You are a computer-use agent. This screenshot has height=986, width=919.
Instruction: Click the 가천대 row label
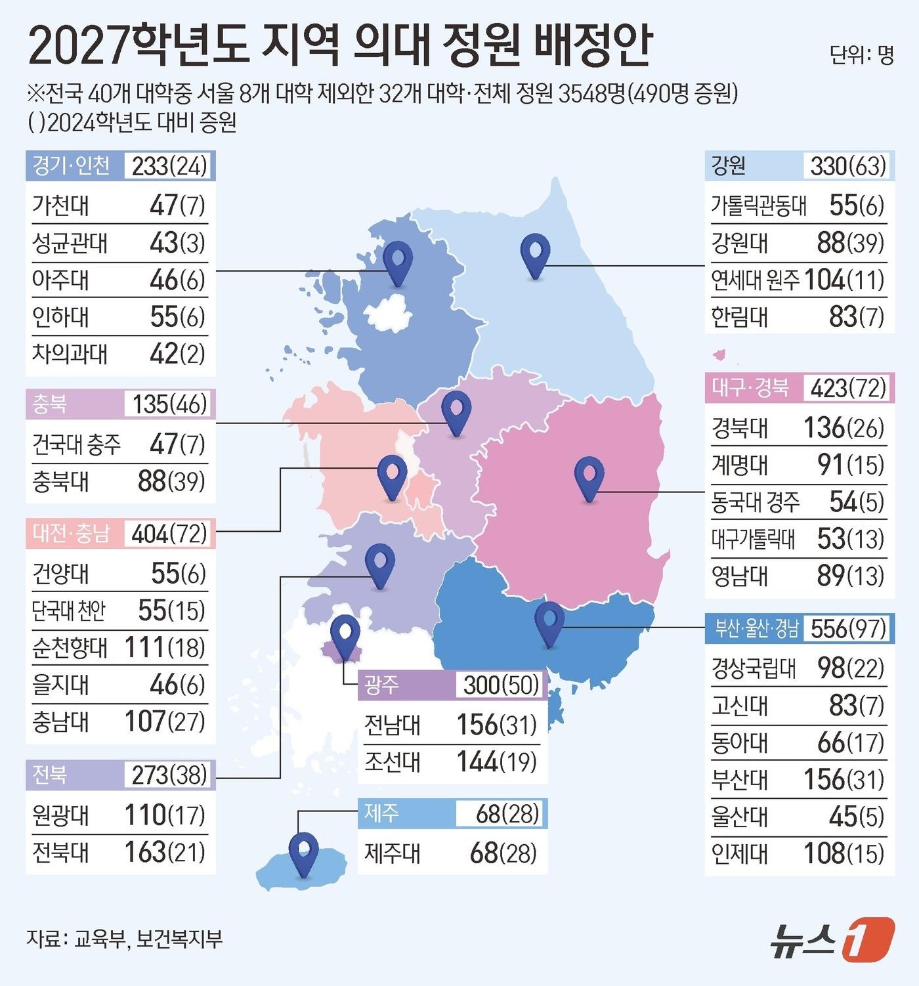point(60,205)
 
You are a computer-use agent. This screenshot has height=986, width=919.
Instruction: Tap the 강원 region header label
point(729,165)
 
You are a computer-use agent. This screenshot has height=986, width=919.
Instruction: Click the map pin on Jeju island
point(303,851)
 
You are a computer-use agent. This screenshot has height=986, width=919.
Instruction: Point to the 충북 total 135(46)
point(169,404)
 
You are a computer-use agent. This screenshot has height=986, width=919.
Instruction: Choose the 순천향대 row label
point(70,648)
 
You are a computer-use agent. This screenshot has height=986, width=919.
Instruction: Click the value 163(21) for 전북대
point(165,852)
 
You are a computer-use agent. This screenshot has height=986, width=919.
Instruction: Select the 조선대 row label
point(393,762)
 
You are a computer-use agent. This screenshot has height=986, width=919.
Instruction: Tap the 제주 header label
point(381,813)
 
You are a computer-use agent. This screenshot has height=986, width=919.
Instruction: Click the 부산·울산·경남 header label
point(756,628)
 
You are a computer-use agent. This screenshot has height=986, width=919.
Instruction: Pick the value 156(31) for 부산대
point(844,780)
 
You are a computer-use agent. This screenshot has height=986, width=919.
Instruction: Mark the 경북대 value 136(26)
point(844,428)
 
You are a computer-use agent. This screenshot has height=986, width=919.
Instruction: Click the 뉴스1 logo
point(832,939)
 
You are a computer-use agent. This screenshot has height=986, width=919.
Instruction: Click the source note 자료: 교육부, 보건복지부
point(125,938)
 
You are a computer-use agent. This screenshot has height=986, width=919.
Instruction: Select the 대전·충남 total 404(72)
point(169,534)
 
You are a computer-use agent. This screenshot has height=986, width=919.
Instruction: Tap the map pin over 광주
point(345,634)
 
